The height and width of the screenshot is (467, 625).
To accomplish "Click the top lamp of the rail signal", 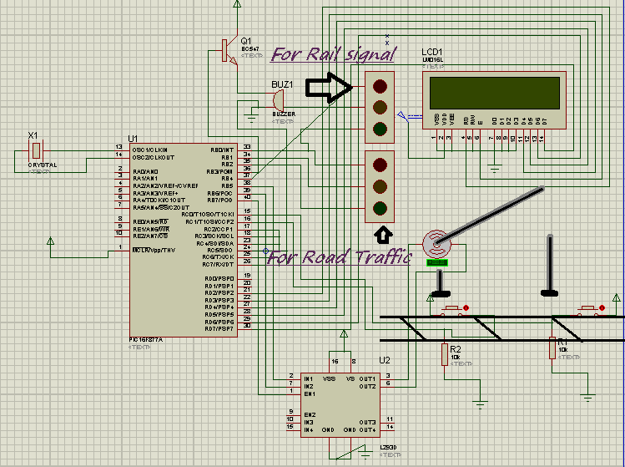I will click(381, 85).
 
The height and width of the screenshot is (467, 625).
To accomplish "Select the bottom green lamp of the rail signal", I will click(381, 129).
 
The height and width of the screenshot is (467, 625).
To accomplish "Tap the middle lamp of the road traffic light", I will click(381, 185).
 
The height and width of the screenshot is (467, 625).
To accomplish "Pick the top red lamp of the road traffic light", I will click(381, 164).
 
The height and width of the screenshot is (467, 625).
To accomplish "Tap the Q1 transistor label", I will click(245, 40).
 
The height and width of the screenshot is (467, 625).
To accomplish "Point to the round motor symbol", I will click(436, 243).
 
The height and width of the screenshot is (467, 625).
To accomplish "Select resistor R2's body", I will click(444, 354).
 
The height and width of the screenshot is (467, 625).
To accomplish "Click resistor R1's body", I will click(552, 348).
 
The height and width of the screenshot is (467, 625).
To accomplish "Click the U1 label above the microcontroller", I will click(133, 138).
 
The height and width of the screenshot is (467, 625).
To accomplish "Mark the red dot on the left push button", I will click(466, 309).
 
